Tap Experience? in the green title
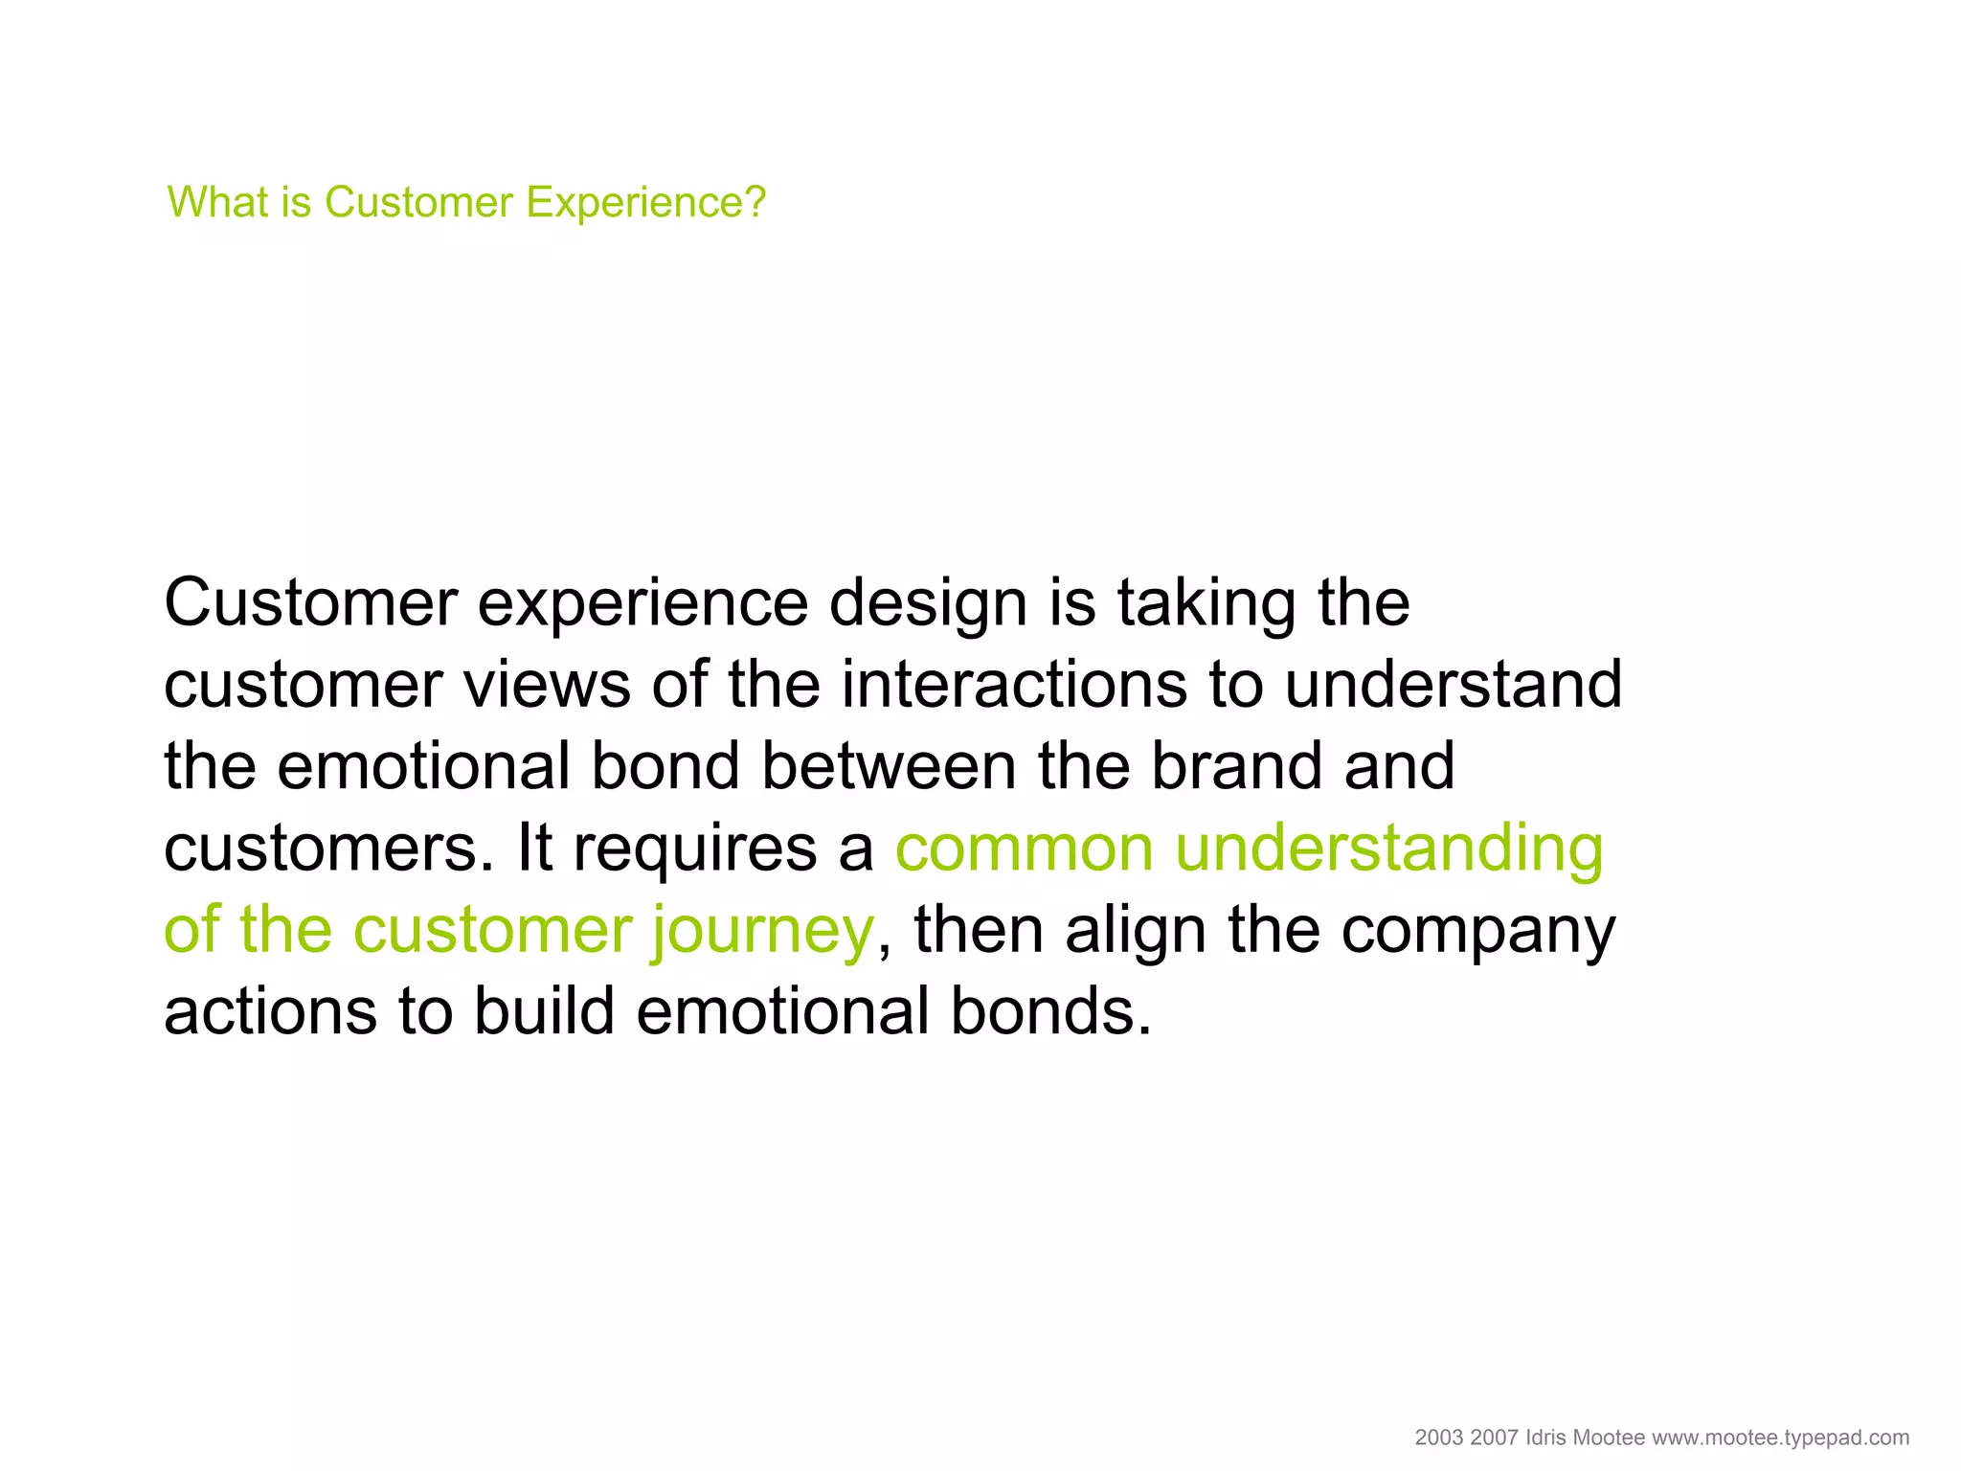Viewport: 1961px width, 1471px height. (x=646, y=203)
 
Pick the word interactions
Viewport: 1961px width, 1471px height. (x=1014, y=686)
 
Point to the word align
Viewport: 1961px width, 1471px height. (x=1135, y=932)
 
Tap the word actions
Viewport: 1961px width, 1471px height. (x=270, y=1013)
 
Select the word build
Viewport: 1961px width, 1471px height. (x=544, y=1011)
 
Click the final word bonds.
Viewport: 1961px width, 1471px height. (x=1050, y=1011)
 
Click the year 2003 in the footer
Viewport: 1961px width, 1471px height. (x=1438, y=1437)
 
